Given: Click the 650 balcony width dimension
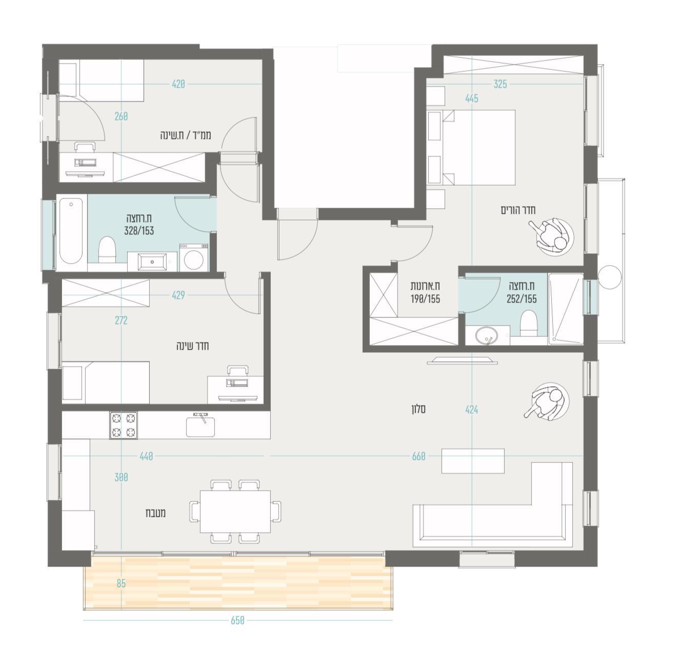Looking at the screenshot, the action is pyautogui.click(x=237, y=620).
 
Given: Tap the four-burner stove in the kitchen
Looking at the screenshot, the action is pyautogui.click(x=123, y=425).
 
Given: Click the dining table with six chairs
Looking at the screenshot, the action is pyautogui.click(x=235, y=512).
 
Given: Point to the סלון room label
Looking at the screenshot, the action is pyautogui.click(x=419, y=410).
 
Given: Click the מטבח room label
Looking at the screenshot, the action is pyautogui.click(x=155, y=513).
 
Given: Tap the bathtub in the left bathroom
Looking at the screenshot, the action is pyautogui.click(x=71, y=233).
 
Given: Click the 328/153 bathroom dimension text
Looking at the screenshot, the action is pyautogui.click(x=139, y=231).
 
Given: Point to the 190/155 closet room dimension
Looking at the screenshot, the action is pyautogui.click(x=425, y=299).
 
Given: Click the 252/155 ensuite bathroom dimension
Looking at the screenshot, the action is pyautogui.click(x=522, y=299).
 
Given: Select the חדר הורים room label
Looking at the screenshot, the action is pyautogui.click(x=518, y=210).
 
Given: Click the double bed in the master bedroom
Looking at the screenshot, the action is pyautogui.click(x=479, y=148).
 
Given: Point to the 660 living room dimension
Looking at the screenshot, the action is pyautogui.click(x=419, y=457).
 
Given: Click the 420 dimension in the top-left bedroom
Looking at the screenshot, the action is pyautogui.click(x=178, y=84).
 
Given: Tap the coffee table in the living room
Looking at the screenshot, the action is pyautogui.click(x=473, y=461).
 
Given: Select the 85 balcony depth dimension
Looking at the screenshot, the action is pyautogui.click(x=121, y=583).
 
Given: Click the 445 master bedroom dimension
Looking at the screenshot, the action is pyautogui.click(x=471, y=98).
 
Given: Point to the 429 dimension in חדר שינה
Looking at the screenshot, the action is pyautogui.click(x=178, y=295).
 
